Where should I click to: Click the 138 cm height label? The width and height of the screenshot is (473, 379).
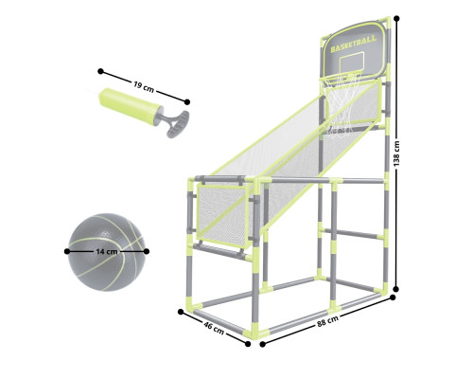(396, 153)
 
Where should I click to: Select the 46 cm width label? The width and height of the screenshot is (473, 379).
(214, 328)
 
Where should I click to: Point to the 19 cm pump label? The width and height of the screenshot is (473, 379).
(144, 87)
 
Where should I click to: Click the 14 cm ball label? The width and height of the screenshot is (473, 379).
(107, 252)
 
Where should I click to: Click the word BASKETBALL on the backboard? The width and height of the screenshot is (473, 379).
(354, 45)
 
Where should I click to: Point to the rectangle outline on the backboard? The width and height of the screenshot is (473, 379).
(353, 63)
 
